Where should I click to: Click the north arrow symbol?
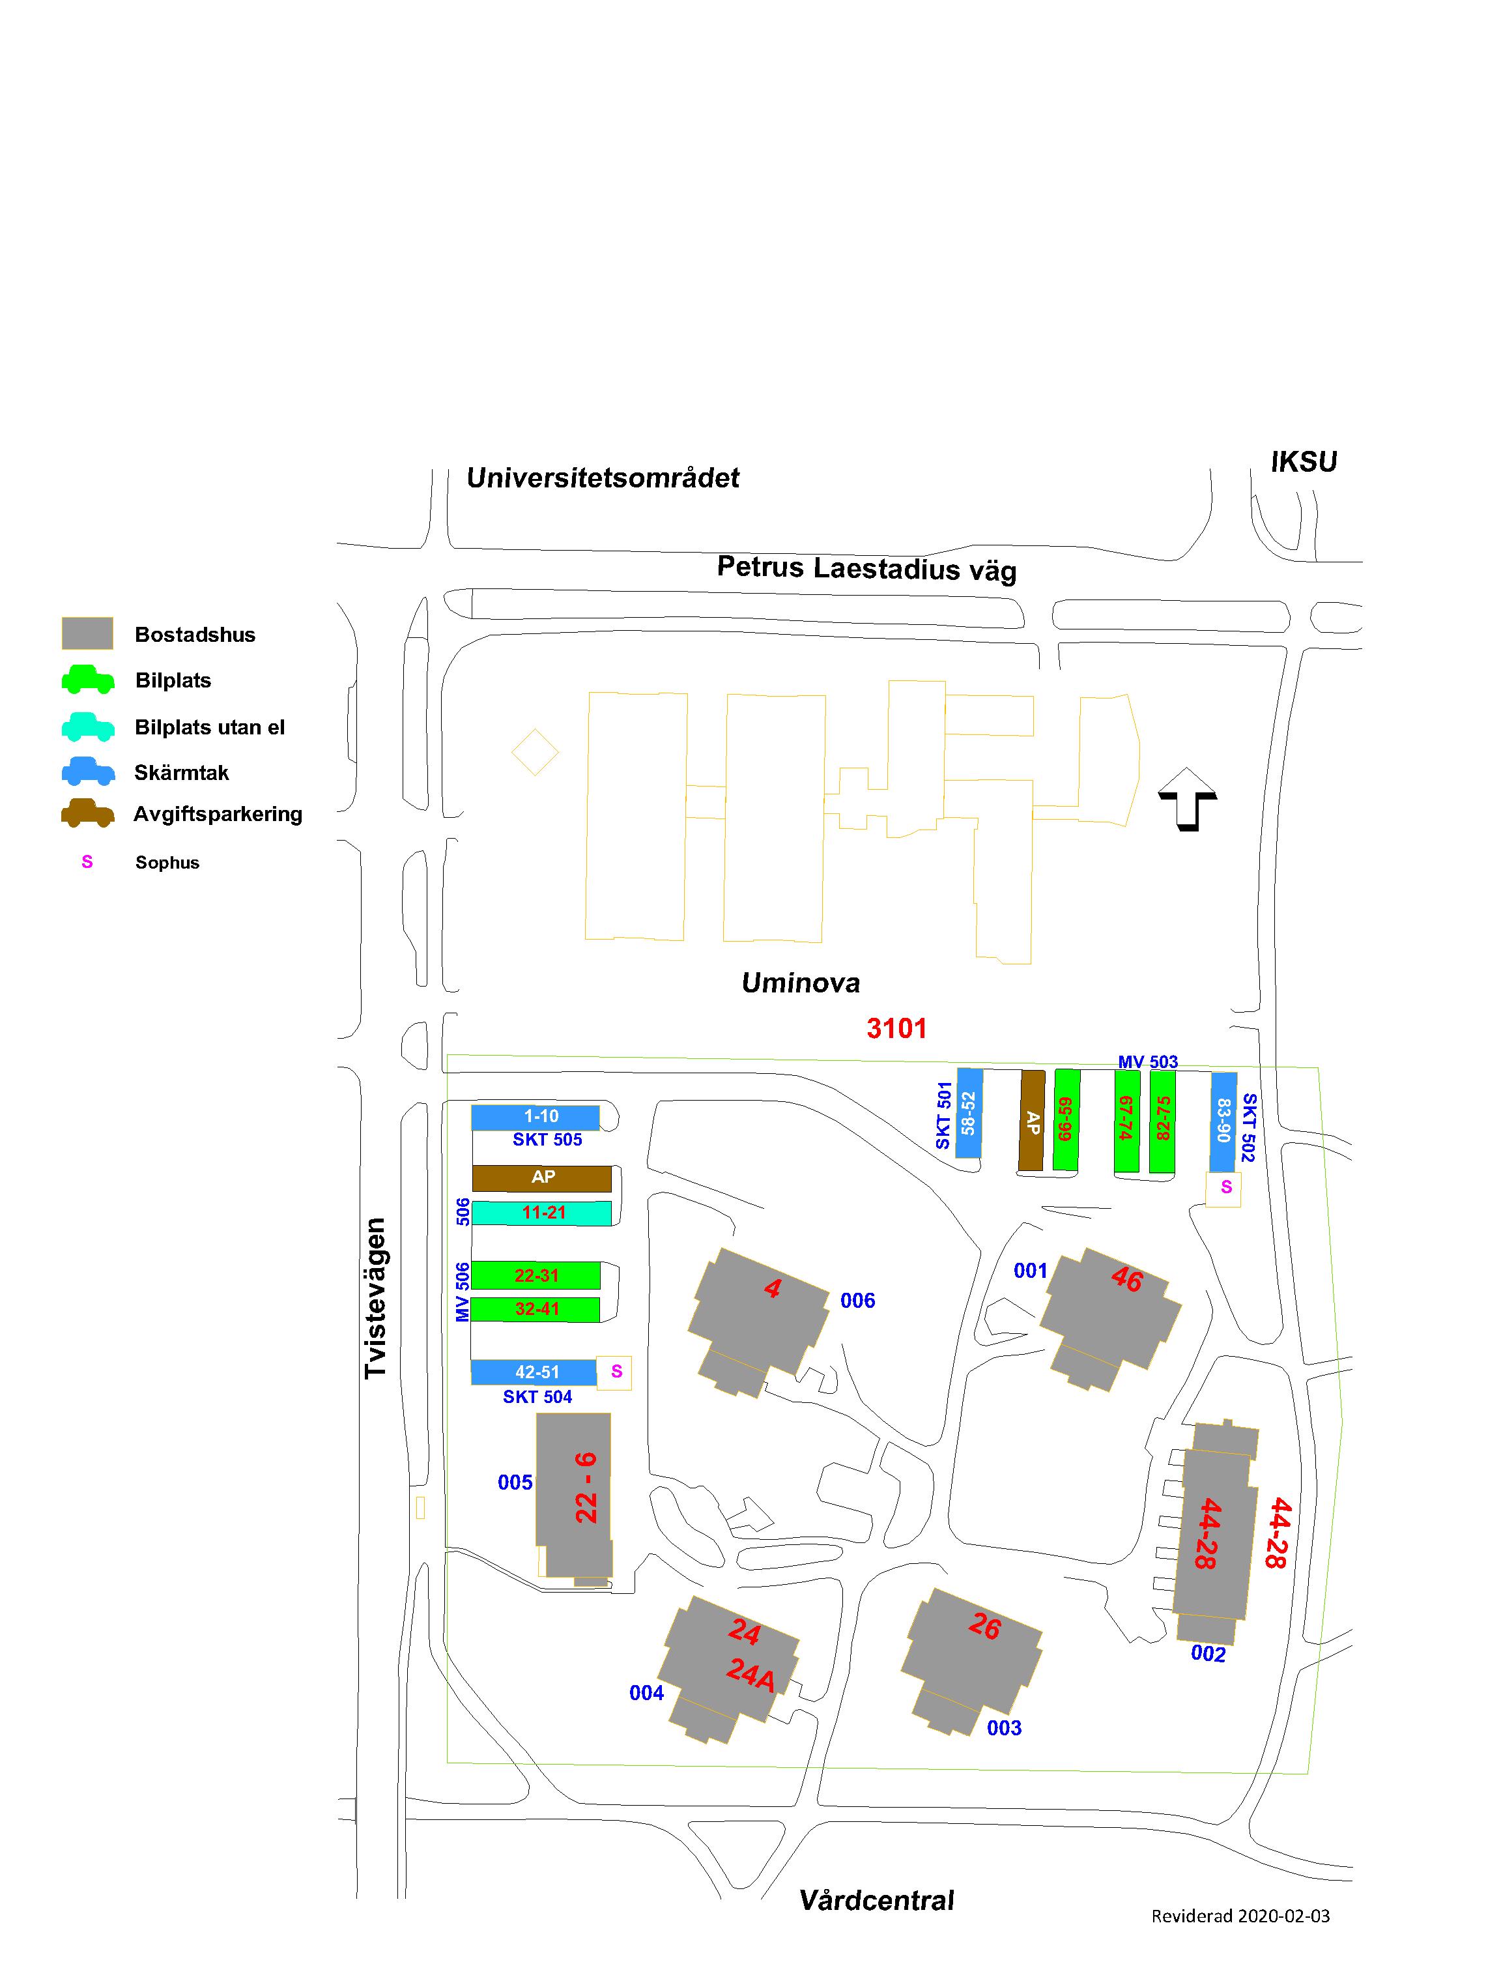pos(1187,799)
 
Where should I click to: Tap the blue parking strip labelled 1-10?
pos(535,1118)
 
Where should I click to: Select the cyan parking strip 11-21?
pos(541,1213)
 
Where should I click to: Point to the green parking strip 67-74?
pos(1126,1120)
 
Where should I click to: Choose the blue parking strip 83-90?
pos(1223,1121)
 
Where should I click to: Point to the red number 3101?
pos(896,1029)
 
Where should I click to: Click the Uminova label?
pos(801,984)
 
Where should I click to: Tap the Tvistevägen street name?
pos(376,1298)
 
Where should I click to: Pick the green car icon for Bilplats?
pos(88,680)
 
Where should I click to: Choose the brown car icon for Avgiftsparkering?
pos(88,813)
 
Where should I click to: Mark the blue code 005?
pos(515,1482)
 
